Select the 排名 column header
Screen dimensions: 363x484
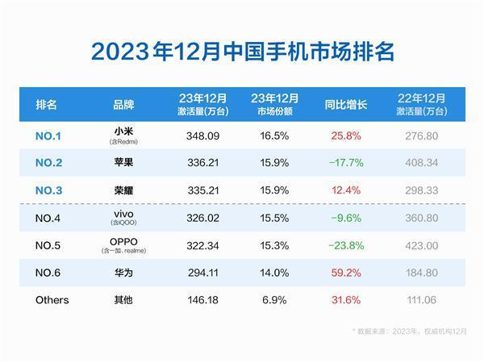(48, 104)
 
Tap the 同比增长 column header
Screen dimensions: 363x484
(346, 104)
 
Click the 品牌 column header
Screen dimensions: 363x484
(124, 104)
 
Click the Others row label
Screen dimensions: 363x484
(52, 300)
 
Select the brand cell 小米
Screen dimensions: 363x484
(124, 131)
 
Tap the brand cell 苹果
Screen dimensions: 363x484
(124, 161)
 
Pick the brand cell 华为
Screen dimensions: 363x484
(124, 273)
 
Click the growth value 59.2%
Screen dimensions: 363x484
(346, 273)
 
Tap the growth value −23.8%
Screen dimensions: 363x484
(346, 244)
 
